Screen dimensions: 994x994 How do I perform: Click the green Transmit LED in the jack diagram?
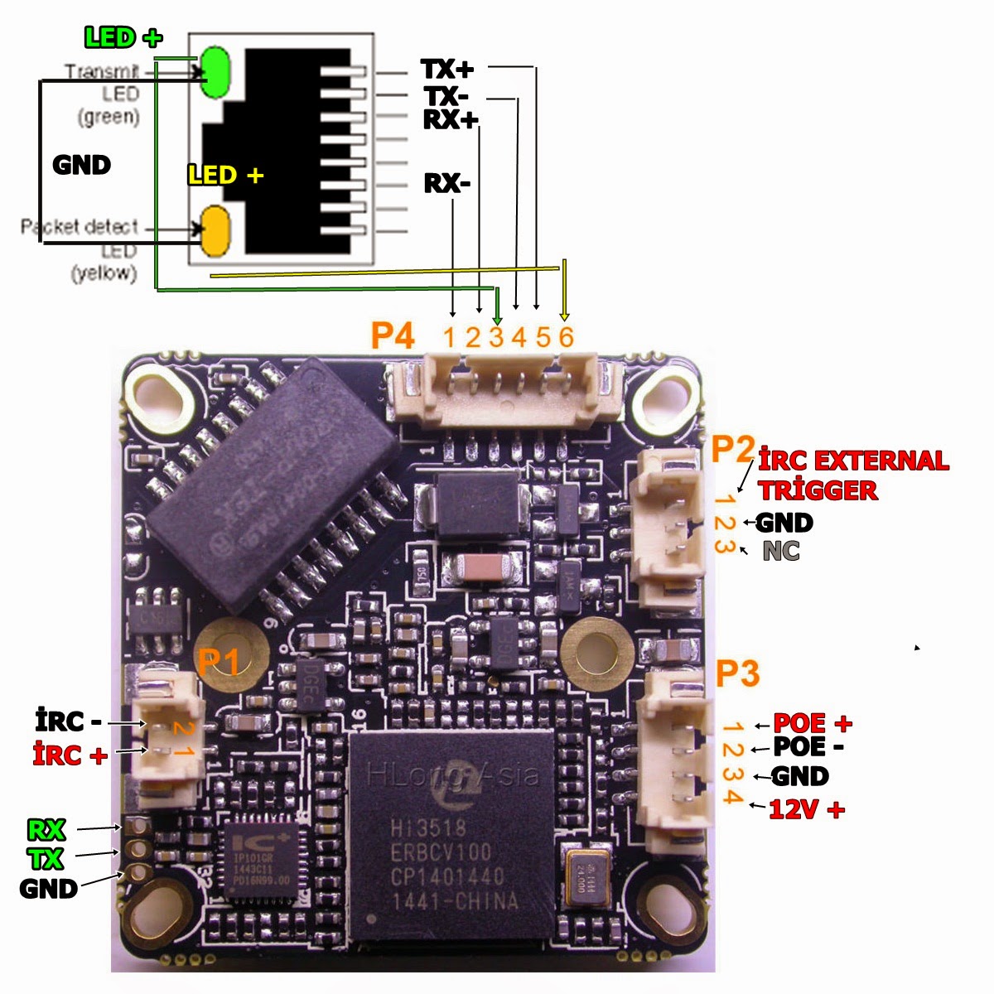point(215,73)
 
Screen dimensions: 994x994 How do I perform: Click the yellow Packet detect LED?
point(215,231)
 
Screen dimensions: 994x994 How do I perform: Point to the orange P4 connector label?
point(392,335)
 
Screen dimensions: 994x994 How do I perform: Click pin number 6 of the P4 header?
point(566,337)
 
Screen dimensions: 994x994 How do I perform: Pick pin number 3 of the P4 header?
point(496,337)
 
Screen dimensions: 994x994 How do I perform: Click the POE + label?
point(812,723)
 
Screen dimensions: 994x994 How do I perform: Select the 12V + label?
point(807,809)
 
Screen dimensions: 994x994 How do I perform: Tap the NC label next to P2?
point(781,551)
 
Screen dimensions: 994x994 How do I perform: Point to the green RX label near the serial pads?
point(46,829)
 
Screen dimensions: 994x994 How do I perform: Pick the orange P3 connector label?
point(737,674)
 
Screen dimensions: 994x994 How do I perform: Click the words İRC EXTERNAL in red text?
point(853,461)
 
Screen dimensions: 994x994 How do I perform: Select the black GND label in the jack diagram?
point(81,165)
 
